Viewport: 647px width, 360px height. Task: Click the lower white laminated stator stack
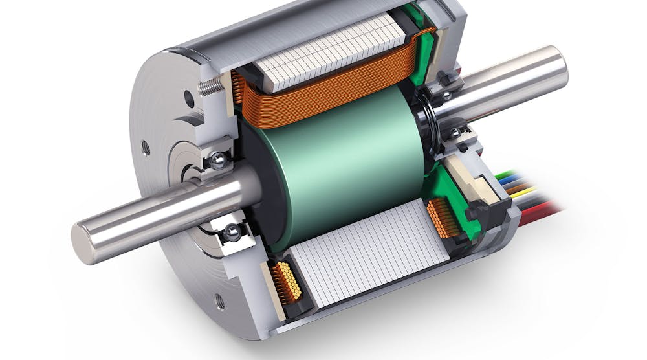coord(369,259)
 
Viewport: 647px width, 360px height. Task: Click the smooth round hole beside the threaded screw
coord(189,99)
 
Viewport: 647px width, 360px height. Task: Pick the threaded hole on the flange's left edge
coord(146,148)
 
